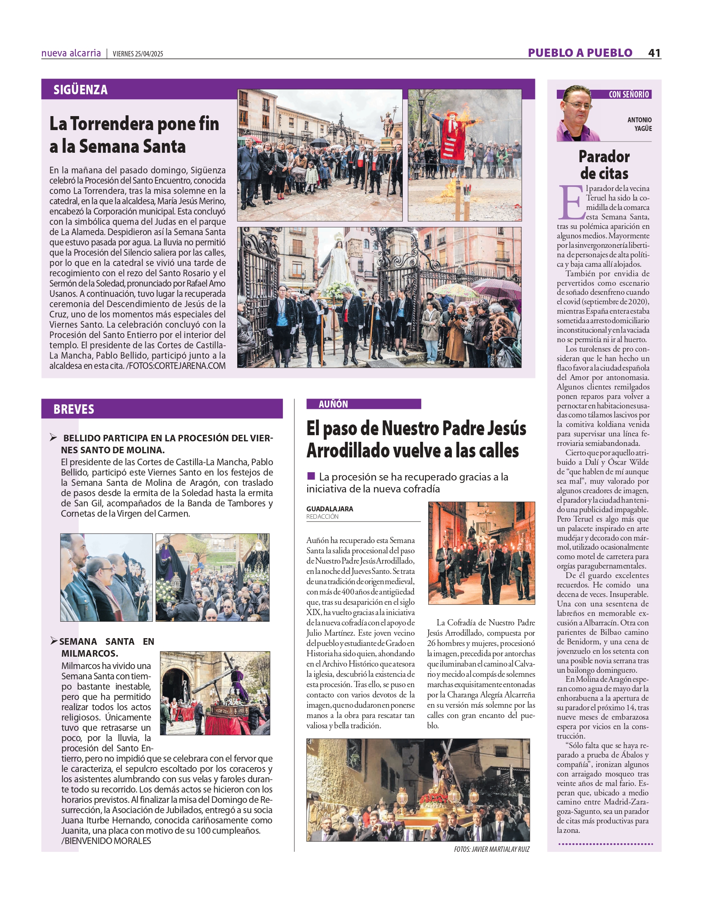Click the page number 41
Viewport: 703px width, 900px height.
coord(654,53)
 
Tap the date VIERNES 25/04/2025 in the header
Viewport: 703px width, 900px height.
coord(138,54)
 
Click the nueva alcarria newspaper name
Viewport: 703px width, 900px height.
coord(71,53)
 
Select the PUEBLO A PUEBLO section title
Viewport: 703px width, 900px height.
coord(580,53)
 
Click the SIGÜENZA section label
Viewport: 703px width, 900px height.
coord(80,90)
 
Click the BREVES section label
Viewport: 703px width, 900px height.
coord(74,409)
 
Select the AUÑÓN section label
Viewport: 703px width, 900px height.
coord(333,404)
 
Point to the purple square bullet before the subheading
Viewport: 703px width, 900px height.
coord(311,476)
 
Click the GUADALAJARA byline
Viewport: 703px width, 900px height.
coord(329,509)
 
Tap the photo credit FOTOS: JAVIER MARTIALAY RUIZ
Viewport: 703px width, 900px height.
coord(491,849)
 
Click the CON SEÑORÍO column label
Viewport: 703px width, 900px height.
coord(628,94)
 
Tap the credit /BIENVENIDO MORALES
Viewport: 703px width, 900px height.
coord(106,841)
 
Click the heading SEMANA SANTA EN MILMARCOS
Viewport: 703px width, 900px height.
coord(107,647)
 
